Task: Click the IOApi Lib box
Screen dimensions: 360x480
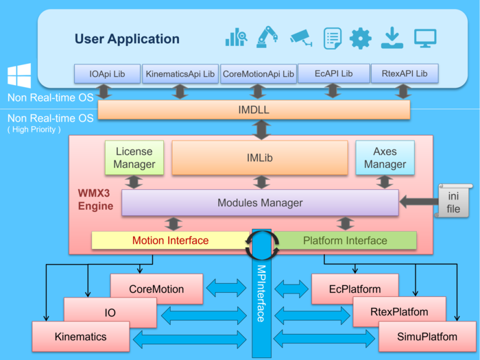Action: pos(107,73)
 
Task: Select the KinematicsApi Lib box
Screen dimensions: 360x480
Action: pos(180,73)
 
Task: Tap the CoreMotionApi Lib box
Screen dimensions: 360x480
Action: pos(258,73)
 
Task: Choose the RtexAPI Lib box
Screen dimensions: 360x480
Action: pos(403,73)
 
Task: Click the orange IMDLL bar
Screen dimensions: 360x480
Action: pos(254,110)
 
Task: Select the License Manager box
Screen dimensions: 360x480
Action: pos(134,157)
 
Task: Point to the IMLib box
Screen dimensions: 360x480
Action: pos(259,158)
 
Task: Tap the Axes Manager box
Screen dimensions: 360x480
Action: pos(385,157)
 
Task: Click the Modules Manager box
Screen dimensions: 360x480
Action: pos(260,203)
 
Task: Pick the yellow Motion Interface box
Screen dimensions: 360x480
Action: pos(170,241)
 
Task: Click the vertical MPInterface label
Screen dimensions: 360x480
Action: pos(261,293)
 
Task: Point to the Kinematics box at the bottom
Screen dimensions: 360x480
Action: pos(80,337)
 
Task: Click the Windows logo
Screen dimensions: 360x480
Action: pos(19,76)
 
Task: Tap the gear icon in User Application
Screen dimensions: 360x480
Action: pos(360,38)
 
